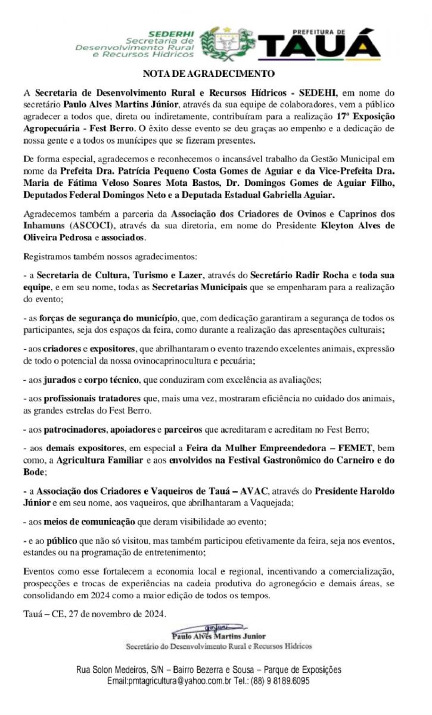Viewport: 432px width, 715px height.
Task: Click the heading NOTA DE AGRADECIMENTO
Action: click(209, 74)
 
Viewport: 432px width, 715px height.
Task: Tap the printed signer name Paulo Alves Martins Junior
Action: click(218, 636)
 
